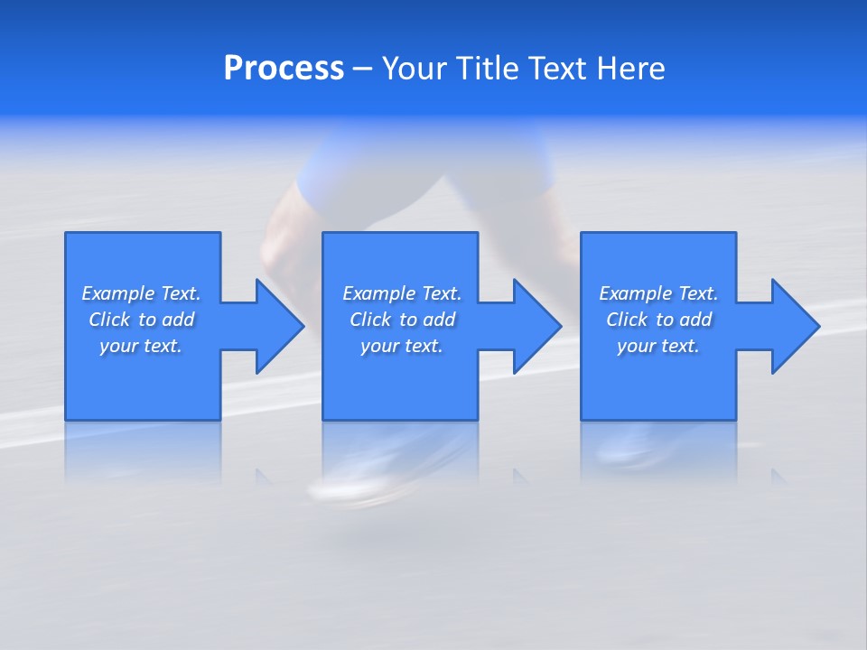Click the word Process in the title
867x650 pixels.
click(284, 69)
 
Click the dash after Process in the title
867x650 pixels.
click(362, 70)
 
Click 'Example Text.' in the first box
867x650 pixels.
click(141, 293)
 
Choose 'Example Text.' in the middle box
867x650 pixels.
click(402, 293)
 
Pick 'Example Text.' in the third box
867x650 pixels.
click(658, 293)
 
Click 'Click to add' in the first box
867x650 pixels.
click(141, 320)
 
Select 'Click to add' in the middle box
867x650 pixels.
click(402, 320)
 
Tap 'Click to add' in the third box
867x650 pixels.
click(658, 320)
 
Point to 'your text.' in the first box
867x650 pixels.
click(141, 346)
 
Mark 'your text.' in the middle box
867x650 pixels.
click(402, 346)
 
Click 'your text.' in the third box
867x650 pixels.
click(658, 346)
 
